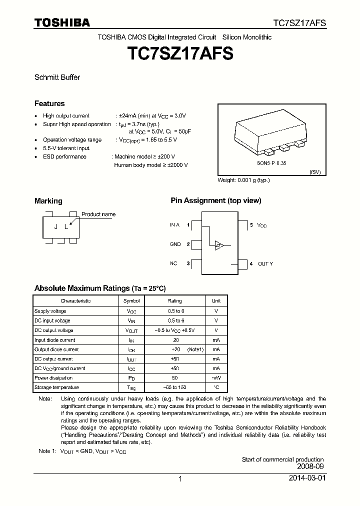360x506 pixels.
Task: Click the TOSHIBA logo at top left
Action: point(62,22)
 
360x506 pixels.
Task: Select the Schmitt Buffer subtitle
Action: point(57,77)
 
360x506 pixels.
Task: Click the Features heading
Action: point(49,103)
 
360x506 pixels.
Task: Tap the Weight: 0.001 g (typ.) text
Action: point(243,180)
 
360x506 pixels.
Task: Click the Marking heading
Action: point(48,201)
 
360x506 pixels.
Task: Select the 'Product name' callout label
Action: point(98,214)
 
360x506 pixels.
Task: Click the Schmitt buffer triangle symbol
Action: point(219,245)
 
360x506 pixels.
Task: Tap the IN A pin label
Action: point(174,225)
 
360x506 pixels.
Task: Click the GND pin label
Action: point(175,244)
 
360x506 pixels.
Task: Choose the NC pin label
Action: point(173,263)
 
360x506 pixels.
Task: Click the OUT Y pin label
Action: point(265,263)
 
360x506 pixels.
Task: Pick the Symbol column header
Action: point(131,301)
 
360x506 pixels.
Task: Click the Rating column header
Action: point(174,301)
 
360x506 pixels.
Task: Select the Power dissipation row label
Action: point(53,378)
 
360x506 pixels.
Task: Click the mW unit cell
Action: point(216,378)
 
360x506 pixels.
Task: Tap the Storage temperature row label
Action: point(56,387)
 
